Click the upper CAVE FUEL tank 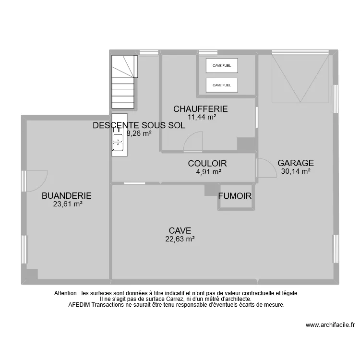pos(222,66)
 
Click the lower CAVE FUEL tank pos(222,85)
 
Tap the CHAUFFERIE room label pos(200,109)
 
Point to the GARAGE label pos(296,163)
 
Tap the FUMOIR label pos(235,196)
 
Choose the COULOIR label pos(207,164)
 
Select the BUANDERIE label pos(66,196)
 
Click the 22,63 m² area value pos(180,239)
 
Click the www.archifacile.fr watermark pos(330,325)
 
